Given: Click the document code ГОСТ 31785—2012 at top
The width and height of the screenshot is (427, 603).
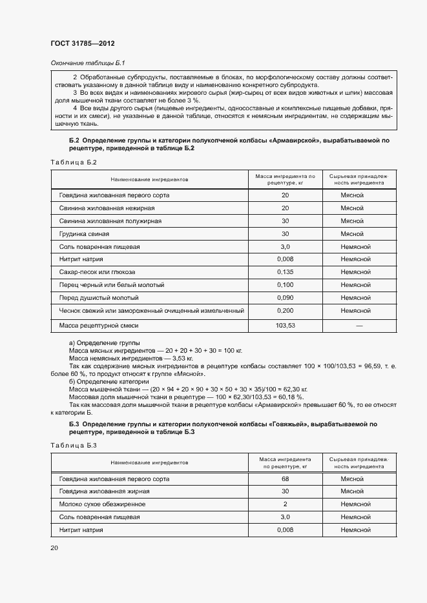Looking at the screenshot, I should coord(82,43).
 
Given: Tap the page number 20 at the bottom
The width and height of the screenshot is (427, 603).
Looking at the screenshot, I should coord(54,548).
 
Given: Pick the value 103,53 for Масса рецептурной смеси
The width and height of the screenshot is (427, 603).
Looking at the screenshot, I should coord(285,326).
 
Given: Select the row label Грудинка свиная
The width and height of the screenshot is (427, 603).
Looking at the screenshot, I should coord(84,233).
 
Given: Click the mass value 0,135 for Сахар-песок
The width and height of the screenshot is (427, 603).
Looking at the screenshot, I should coord(285,272).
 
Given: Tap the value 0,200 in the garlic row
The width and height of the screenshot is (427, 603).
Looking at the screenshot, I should coord(285,310).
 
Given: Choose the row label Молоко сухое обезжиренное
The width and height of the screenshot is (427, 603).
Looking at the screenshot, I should coord(102,504).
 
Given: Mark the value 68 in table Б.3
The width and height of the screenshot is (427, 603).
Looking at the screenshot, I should coord(285,479).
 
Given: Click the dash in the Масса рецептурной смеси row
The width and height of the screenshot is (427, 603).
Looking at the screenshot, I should coord(359,326).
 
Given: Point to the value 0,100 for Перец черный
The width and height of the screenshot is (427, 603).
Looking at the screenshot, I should coord(285,284).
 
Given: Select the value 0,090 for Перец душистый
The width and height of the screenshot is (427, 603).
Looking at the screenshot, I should coord(285,297).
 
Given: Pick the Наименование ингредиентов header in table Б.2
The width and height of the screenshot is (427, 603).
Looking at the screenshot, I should coord(149,179).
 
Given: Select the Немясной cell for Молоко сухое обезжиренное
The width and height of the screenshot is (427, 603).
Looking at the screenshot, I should coord(355,504).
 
